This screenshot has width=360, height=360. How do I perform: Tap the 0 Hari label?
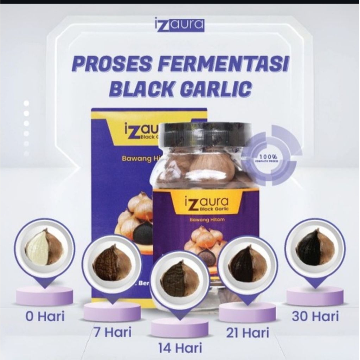tap(45, 316)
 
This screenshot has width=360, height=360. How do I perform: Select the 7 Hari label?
tap(112, 332)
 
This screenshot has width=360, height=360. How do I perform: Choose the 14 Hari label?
tap(180, 348)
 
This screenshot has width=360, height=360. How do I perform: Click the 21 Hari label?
tap(247, 332)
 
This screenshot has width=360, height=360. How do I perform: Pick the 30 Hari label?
tap(315, 316)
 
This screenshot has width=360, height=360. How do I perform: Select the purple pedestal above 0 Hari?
tap(45, 295)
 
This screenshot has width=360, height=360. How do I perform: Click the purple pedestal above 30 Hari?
tap(315, 295)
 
